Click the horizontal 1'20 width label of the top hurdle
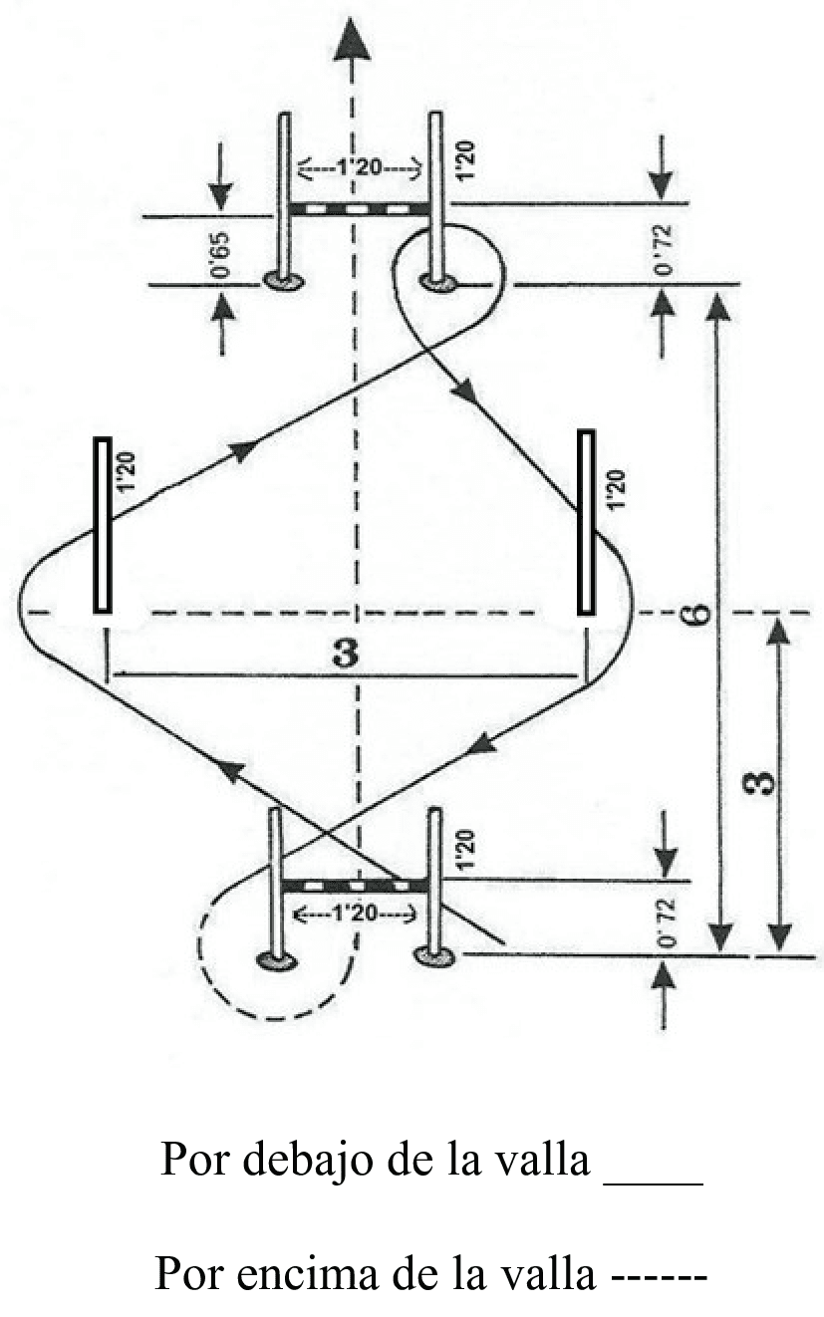click(x=360, y=168)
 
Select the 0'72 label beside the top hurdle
click(x=663, y=250)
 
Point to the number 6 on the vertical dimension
click(x=697, y=614)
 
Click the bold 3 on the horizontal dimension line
click(x=346, y=653)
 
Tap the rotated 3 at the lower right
click(x=763, y=783)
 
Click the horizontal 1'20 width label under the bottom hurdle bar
click(x=355, y=914)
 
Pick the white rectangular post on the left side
click(x=103, y=524)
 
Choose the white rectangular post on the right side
click(x=586, y=522)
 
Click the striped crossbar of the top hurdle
click(x=360, y=209)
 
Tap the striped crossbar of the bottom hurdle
click(x=355, y=885)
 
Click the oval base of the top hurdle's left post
click(x=283, y=281)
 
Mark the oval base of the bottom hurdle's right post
click(x=434, y=955)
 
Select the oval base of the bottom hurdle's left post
click(x=277, y=960)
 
